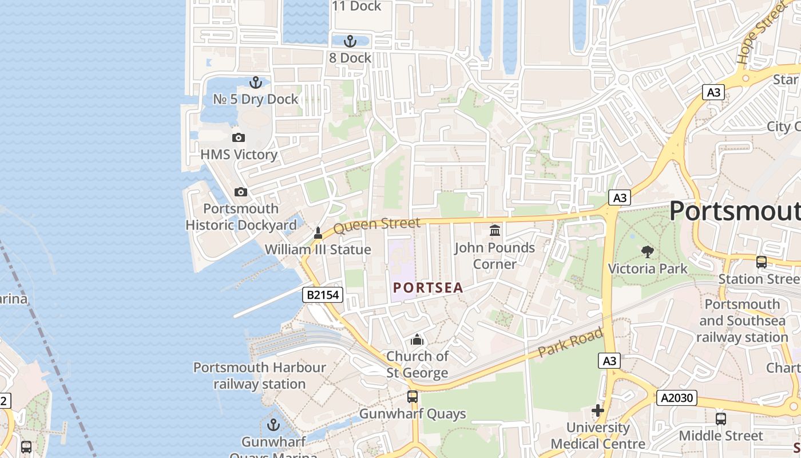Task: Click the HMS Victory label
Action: click(239, 155)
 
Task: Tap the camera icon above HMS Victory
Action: click(239, 137)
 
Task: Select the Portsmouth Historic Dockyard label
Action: click(241, 217)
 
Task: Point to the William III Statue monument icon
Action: click(318, 233)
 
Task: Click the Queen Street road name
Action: click(376, 225)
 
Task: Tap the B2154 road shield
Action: click(323, 295)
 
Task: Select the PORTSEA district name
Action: click(428, 288)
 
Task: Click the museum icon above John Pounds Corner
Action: click(495, 230)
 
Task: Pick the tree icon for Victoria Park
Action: click(647, 251)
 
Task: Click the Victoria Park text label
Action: click(647, 269)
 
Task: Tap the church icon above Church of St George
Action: click(417, 339)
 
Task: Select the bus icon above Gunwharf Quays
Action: click(412, 397)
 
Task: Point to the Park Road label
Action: click(570, 342)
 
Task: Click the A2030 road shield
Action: click(676, 398)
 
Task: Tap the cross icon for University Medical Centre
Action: click(598, 410)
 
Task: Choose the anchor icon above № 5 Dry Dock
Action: click(255, 82)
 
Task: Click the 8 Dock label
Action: click(350, 58)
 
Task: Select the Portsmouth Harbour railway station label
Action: click(259, 376)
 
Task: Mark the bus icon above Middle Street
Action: click(720, 418)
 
